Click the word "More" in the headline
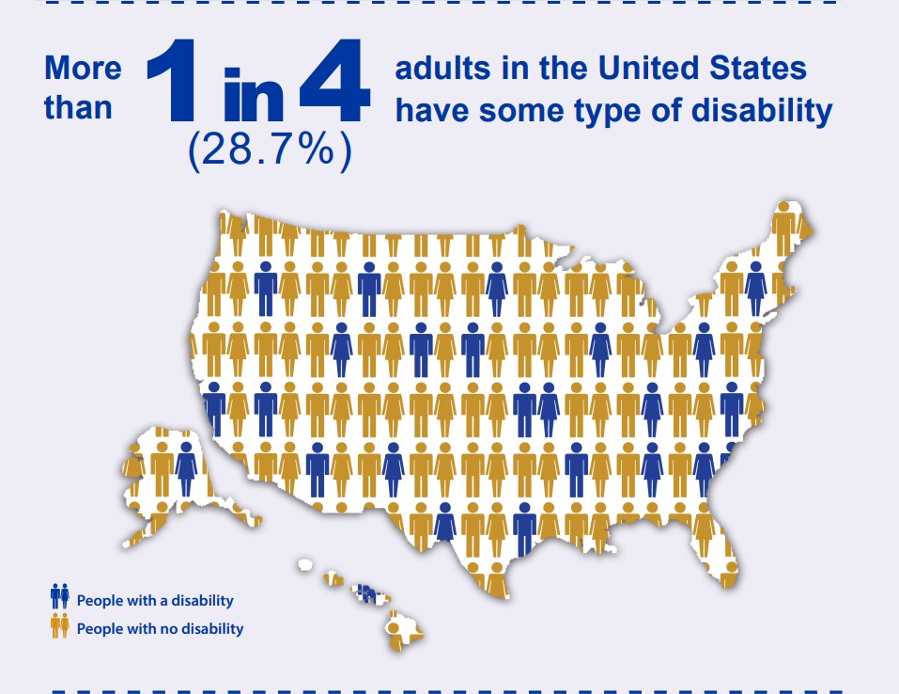point(83,68)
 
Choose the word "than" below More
point(77,107)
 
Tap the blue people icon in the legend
point(60,596)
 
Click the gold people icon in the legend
point(60,624)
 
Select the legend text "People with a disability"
point(155,600)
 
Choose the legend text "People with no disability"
point(160,628)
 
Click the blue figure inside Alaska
point(186,467)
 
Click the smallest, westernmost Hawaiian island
point(304,564)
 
